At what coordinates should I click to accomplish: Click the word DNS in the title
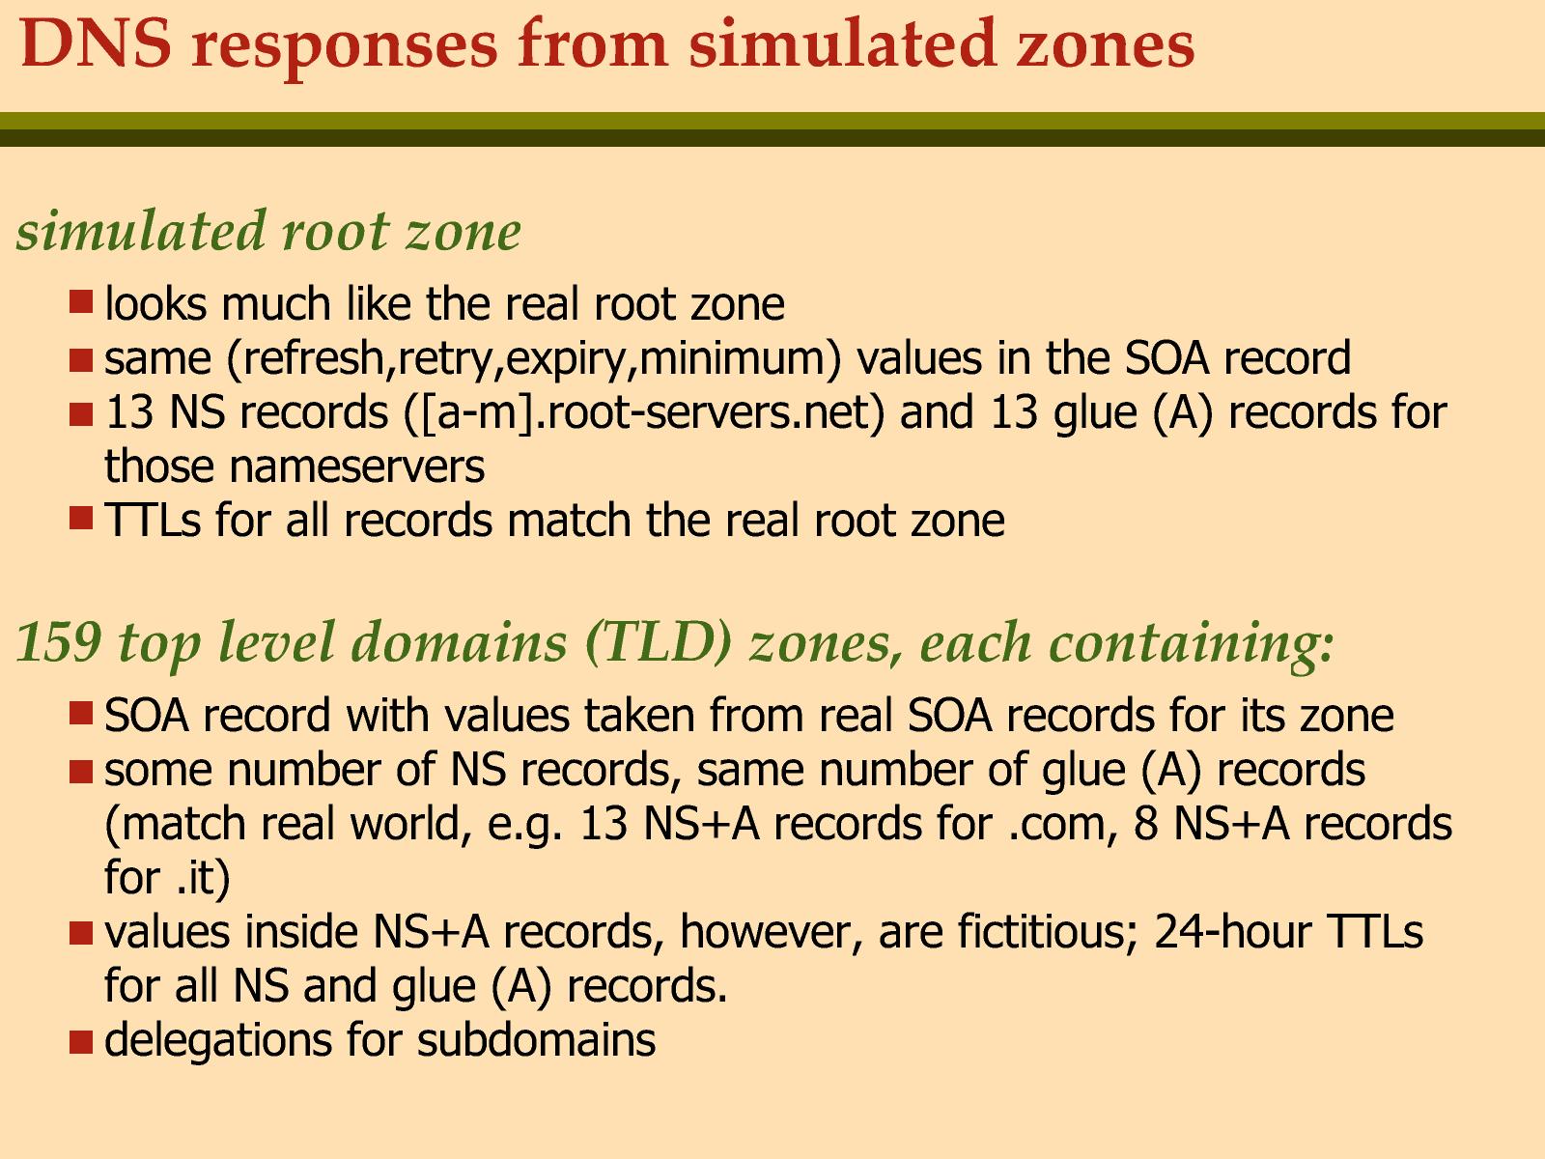pos(96,43)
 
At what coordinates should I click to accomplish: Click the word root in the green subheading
pos(336,232)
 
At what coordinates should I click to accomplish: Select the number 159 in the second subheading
pos(59,642)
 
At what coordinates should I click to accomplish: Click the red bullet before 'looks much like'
pos(81,302)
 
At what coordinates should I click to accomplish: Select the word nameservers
pos(295,466)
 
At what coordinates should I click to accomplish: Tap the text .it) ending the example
pos(203,879)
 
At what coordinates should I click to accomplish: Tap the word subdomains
pos(536,1040)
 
